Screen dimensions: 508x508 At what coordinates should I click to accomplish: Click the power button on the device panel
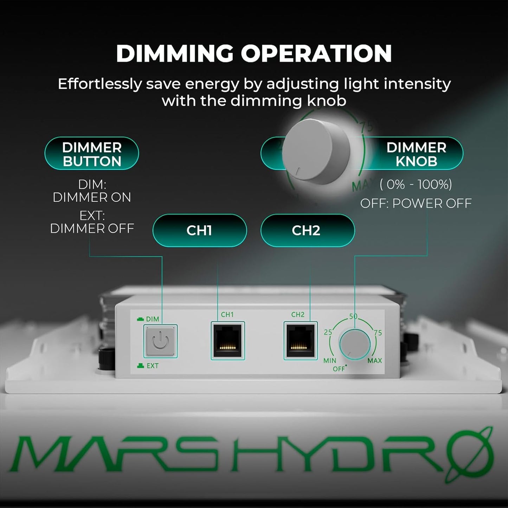160,341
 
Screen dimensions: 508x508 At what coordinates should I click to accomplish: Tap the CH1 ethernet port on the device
227,341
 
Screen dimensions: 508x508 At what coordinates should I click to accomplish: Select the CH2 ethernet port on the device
300,341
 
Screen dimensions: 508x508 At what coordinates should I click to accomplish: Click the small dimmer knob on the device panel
354,344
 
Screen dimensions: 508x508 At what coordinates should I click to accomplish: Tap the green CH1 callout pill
199,230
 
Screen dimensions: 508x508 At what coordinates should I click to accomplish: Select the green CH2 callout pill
307,230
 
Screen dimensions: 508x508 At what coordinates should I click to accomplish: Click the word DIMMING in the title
175,53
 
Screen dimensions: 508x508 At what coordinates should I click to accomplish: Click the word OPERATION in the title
316,53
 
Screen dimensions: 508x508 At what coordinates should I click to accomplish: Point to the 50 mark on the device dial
353,316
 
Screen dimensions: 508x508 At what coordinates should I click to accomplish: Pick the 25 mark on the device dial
328,332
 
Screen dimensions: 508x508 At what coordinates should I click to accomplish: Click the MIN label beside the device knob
330,361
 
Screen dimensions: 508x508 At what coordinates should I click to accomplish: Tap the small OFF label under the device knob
339,369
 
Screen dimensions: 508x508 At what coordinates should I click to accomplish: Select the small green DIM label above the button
152,319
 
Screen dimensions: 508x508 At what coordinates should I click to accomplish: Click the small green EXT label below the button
152,366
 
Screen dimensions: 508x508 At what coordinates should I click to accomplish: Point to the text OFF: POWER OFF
416,203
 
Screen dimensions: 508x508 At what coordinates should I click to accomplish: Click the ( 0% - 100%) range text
416,184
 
